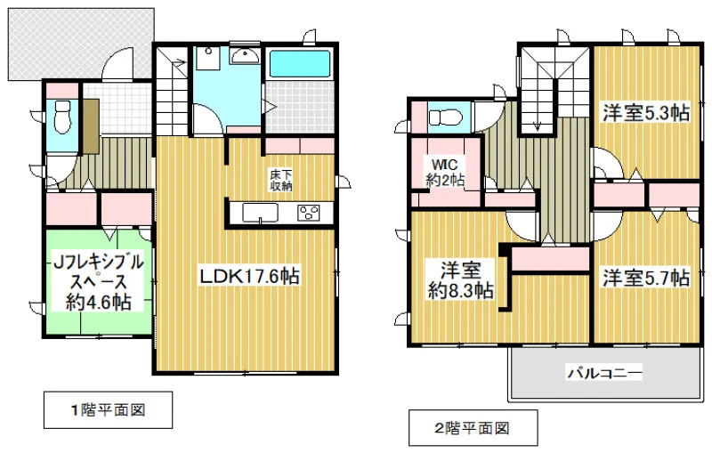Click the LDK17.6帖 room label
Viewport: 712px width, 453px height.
pos(249,277)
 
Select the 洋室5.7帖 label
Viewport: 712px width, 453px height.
pos(646,278)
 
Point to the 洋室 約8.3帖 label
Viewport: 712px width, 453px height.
pos(460,279)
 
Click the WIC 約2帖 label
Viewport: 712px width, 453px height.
pos(445,172)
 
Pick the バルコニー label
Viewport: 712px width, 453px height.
pos(604,373)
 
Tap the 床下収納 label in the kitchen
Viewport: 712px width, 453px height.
pos(281,180)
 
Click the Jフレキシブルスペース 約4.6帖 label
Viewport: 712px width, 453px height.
pos(99,281)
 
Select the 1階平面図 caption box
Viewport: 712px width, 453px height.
pos(108,410)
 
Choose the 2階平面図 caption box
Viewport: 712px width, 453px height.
pos(473,428)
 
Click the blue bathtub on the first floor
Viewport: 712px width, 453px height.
pos(300,63)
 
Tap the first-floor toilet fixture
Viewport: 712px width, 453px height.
pos(61,116)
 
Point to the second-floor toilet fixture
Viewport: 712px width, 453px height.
pos(445,117)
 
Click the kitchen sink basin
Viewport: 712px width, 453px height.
pos(260,213)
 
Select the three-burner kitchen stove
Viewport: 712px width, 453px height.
pos(309,213)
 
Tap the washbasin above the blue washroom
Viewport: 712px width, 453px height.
pos(246,55)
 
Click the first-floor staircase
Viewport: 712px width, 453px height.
pos(173,90)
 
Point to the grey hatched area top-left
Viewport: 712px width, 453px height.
pos(81,44)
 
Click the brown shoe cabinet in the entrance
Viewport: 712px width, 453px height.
pos(91,125)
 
